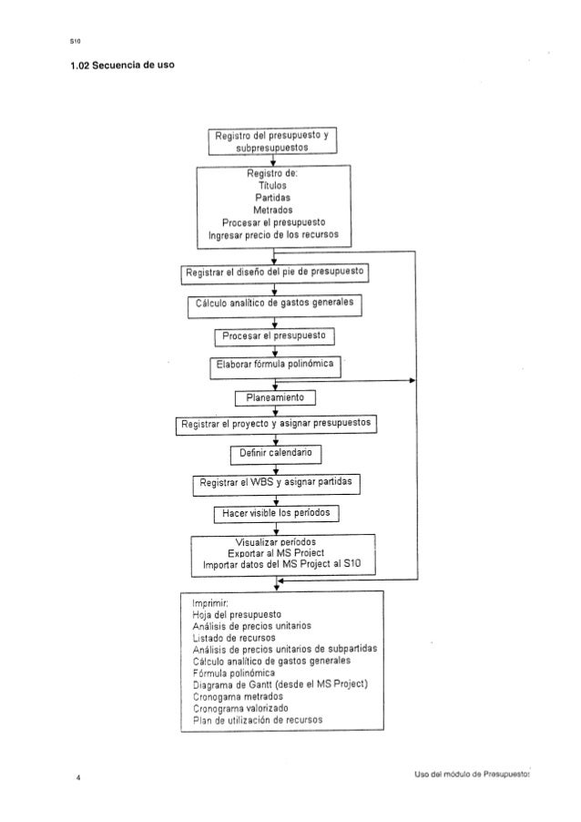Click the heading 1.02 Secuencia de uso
122,65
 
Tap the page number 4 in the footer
78,778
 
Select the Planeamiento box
275,398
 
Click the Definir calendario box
276,454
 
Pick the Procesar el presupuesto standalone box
274,336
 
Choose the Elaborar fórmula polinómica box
275,366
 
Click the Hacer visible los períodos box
276,514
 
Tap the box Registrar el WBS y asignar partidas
276,484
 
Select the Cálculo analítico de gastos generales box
274,305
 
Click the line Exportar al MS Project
276,553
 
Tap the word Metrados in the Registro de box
273,210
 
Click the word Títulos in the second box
272,186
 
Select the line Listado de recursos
234,638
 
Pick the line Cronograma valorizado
240,708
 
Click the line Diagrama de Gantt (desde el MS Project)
280,684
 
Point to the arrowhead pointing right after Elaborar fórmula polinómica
412,381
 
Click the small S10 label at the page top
75,41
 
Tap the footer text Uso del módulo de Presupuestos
472,774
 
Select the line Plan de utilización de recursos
257,720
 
